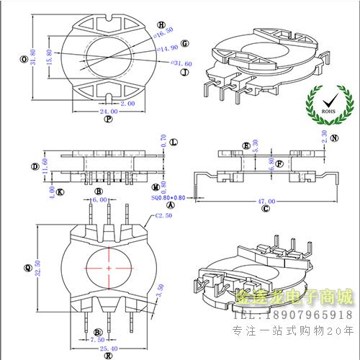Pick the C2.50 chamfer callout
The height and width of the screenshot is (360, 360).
[165, 215]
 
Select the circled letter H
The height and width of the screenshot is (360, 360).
[160, 24]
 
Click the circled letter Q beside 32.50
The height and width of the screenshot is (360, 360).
[27, 268]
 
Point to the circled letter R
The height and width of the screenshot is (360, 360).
[108, 355]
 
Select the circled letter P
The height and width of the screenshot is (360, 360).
[108, 120]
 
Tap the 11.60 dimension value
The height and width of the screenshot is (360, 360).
[45, 166]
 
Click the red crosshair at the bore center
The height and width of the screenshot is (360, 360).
[109, 268]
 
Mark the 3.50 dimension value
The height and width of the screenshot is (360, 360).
[160, 289]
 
